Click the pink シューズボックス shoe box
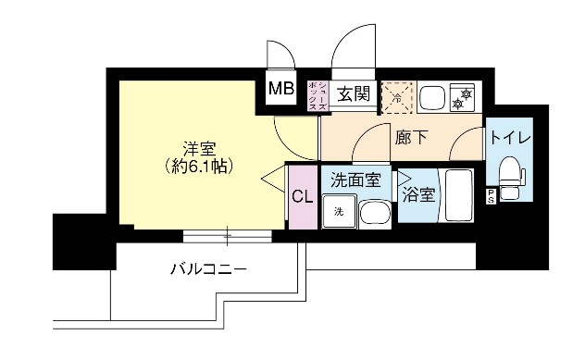[316, 95]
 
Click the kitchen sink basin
[432, 95]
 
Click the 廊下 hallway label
[411, 138]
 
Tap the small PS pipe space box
[491, 194]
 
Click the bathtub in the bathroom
[459, 195]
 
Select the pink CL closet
[302, 195]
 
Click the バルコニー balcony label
[207, 270]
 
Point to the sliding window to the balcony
[228, 235]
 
